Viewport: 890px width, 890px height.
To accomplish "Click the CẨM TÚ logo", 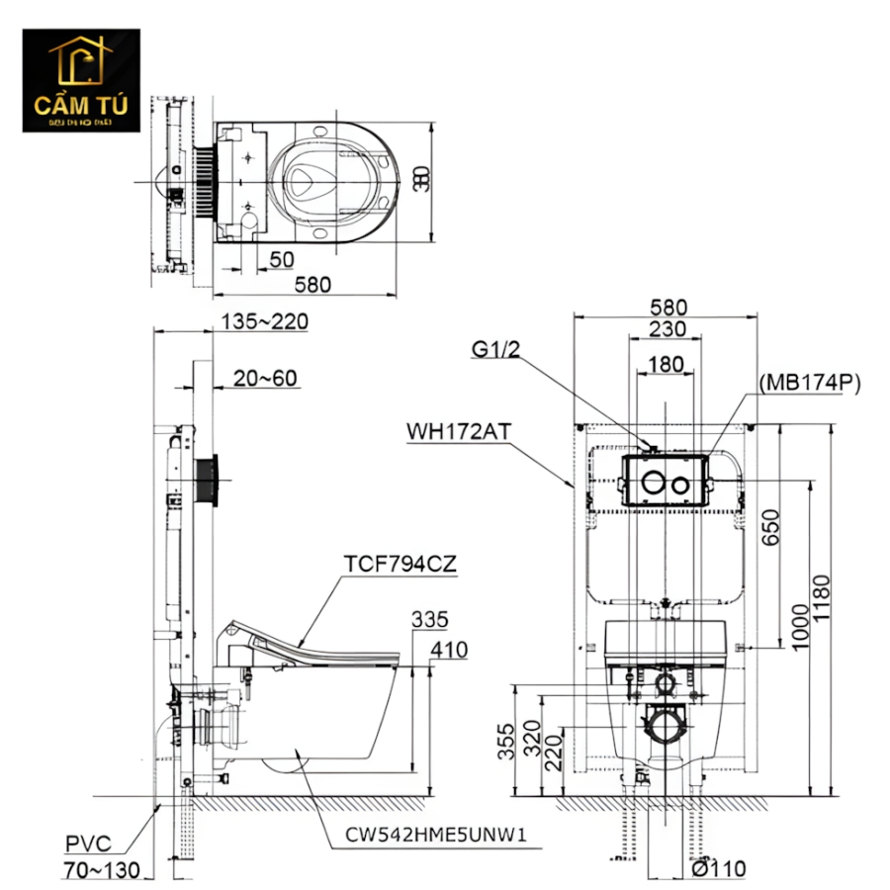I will (82, 81).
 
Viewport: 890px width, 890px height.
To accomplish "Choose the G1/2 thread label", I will (494, 349).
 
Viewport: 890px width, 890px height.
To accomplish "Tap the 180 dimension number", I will (666, 364).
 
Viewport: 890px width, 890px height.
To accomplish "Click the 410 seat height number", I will (448, 650).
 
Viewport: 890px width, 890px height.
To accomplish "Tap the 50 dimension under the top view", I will (282, 259).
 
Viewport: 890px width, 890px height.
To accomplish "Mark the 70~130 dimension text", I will (100, 870).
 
